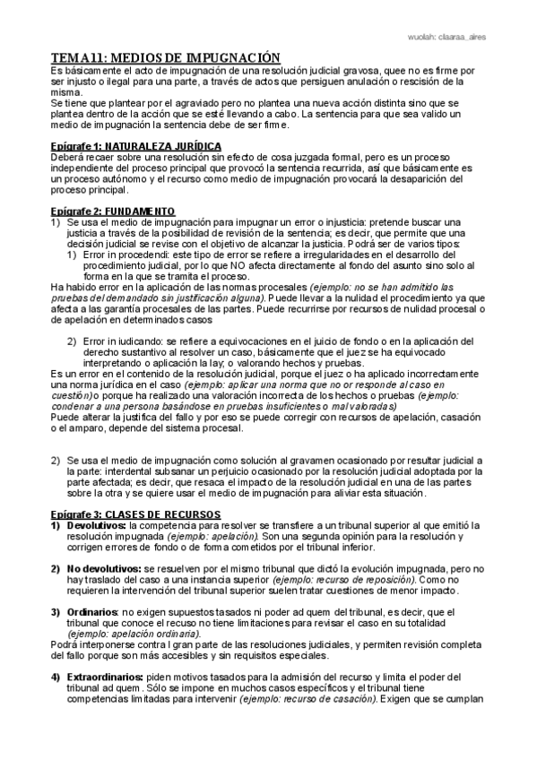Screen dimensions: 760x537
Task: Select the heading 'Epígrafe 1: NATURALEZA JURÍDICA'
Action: click(135, 145)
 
